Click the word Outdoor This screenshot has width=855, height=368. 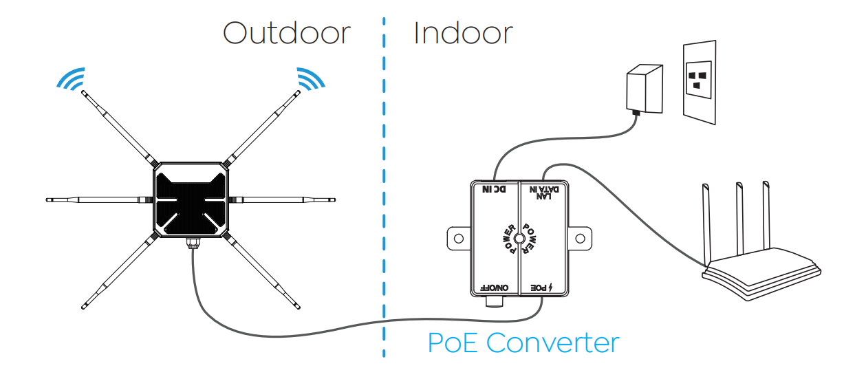(x=287, y=33)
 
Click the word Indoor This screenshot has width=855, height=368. (x=464, y=33)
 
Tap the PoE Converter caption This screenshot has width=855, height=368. (x=523, y=343)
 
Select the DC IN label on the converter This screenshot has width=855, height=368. (x=495, y=189)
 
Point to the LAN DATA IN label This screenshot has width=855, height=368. (x=544, y=193)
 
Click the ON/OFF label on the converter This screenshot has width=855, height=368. (x=495, y=288)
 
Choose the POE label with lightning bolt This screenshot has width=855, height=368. (x=542, y=288)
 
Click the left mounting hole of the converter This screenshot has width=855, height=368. (x=459, y=239)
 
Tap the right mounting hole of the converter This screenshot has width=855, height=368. (x=580, y=239)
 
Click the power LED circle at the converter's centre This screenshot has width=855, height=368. (x=519, y=239)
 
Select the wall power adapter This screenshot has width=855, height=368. (x=645, y=89)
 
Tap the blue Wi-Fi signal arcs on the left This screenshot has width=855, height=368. (x=72, y=79)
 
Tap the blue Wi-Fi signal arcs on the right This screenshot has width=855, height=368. (x=310, y=79)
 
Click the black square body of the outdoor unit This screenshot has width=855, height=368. (x=191, y=199)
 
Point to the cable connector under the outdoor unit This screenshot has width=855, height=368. (x=193, y=243)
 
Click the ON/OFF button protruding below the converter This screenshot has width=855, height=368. (x=495, y=301)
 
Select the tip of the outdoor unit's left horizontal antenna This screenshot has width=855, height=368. (x=47, y=199)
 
